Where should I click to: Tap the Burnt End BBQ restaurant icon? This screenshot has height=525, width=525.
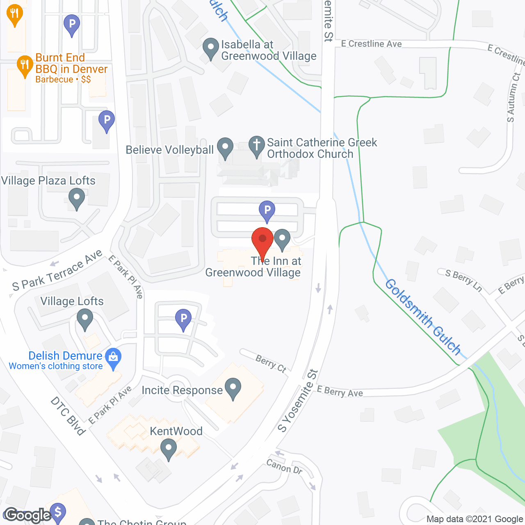[x=25, y=66]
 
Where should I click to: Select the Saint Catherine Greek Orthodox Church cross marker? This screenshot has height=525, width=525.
[x=257, y=146]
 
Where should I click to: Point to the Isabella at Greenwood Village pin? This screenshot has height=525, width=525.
[x=211, y=48]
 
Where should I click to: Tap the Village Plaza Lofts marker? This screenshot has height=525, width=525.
[x=76, y=199]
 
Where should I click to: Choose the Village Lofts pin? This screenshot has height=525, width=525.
[x=85, y=319]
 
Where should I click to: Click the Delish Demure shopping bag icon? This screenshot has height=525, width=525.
[x=113, y=358]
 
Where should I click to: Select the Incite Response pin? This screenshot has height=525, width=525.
[x=233, y=388]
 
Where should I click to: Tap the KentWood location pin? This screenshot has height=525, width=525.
[x=168, y=449]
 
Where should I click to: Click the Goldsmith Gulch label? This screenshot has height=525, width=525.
[x=423, y=317]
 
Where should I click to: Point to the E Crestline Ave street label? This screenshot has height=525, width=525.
[x=371, y=44]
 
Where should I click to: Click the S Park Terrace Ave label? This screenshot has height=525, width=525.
[x=57, y=271]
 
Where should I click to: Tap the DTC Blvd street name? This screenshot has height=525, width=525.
[x=68, y=415]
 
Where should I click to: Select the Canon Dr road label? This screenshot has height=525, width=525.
[x=284, y=467]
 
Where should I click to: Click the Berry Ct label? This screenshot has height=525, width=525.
[x=271, y=363]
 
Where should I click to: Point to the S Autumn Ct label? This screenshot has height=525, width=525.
[x=513, y=97]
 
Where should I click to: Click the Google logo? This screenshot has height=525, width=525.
[x=28, y=515]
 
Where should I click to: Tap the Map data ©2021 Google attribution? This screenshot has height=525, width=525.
[x=475, y=519]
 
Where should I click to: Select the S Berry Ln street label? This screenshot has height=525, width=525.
[x=463, y=280]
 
